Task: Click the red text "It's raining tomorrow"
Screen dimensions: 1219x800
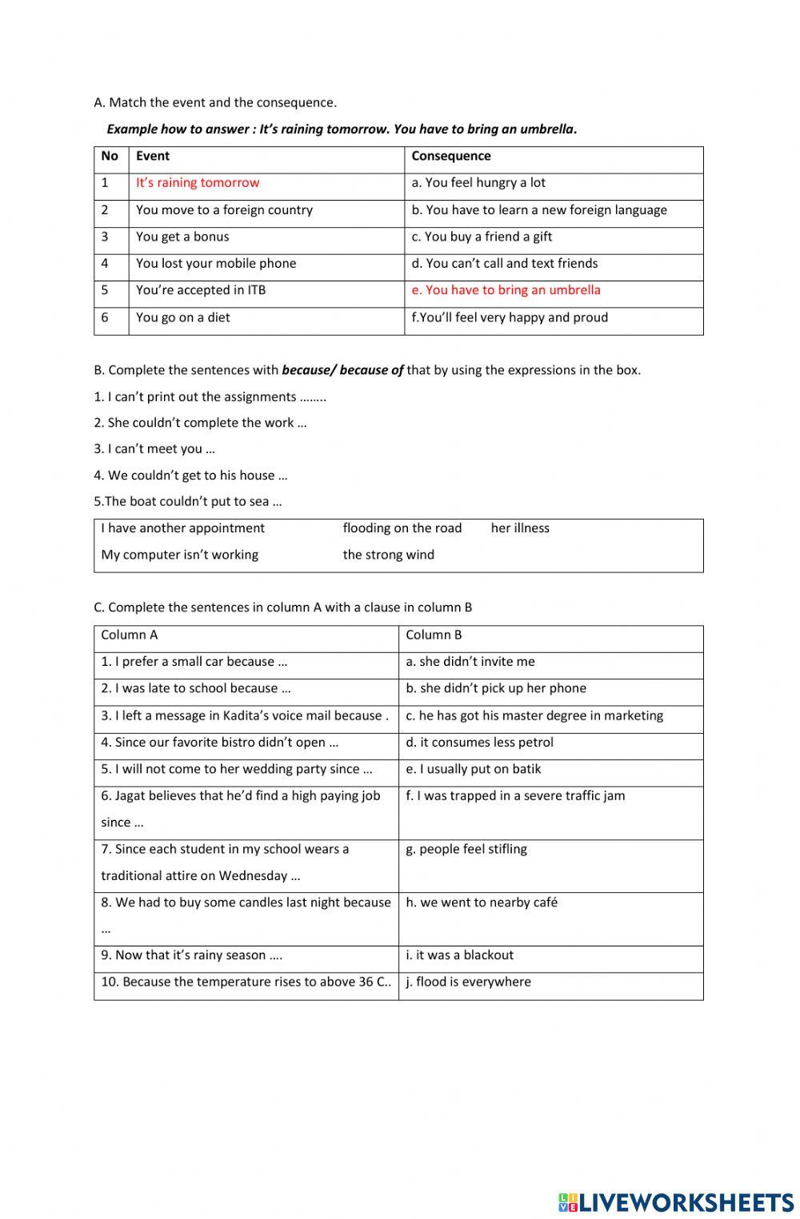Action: (198, 183)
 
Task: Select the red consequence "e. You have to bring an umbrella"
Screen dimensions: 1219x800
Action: (506, 290)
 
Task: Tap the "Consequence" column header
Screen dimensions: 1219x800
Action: (451, 157)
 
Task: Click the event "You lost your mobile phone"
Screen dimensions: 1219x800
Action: (216, 264)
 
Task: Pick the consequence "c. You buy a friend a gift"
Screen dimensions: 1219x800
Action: (482, 237)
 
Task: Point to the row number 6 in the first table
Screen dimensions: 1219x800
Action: (105, 317)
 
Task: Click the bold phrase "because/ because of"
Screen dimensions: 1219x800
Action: (342, 370)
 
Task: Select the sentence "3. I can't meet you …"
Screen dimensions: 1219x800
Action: (154, 449)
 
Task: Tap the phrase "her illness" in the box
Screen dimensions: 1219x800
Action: (520, 528)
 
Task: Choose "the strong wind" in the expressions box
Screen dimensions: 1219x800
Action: (388, 555)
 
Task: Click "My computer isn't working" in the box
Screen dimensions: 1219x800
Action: (179, 555)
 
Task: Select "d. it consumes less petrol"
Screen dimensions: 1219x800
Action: (479, 743)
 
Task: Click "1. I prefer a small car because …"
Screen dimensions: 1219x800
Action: (194, 662)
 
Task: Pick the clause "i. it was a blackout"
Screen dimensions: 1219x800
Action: (459, 955)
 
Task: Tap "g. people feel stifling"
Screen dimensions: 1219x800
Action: (466, 849)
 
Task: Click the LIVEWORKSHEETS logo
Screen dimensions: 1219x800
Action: (676, 1202)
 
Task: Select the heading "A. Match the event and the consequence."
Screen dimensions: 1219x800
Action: (215, 102)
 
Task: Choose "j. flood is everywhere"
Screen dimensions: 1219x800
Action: (468, 982)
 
